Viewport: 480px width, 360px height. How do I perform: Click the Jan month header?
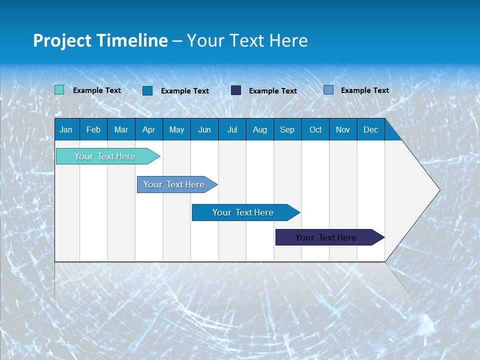pos(66,129)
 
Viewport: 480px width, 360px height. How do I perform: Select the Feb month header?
pos(93,129)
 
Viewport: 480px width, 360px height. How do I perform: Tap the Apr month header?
pos(148,129)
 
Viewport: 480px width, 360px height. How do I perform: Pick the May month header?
pos(176,129)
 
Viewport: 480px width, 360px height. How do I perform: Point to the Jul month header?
pos(232,129)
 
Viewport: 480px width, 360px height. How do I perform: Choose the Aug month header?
pos(259,129)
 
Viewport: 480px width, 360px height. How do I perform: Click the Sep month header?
pos(287,129)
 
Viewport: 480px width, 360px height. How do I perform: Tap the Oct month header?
pos(315,129)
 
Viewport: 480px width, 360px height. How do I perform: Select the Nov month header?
pos(343,129)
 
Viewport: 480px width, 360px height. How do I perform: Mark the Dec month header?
pos(370,129)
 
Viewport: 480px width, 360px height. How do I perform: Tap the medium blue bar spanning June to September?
pos(243,212)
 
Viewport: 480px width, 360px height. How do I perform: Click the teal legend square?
pos(59,90)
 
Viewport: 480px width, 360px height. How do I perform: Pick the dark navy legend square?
pos(236,90)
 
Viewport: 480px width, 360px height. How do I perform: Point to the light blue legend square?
pos(328,90)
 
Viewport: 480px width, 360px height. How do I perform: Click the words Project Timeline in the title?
pos(100,40)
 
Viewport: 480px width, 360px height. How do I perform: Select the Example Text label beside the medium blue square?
pos(185,91)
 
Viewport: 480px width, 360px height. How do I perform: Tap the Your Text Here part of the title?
pos(247,40)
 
